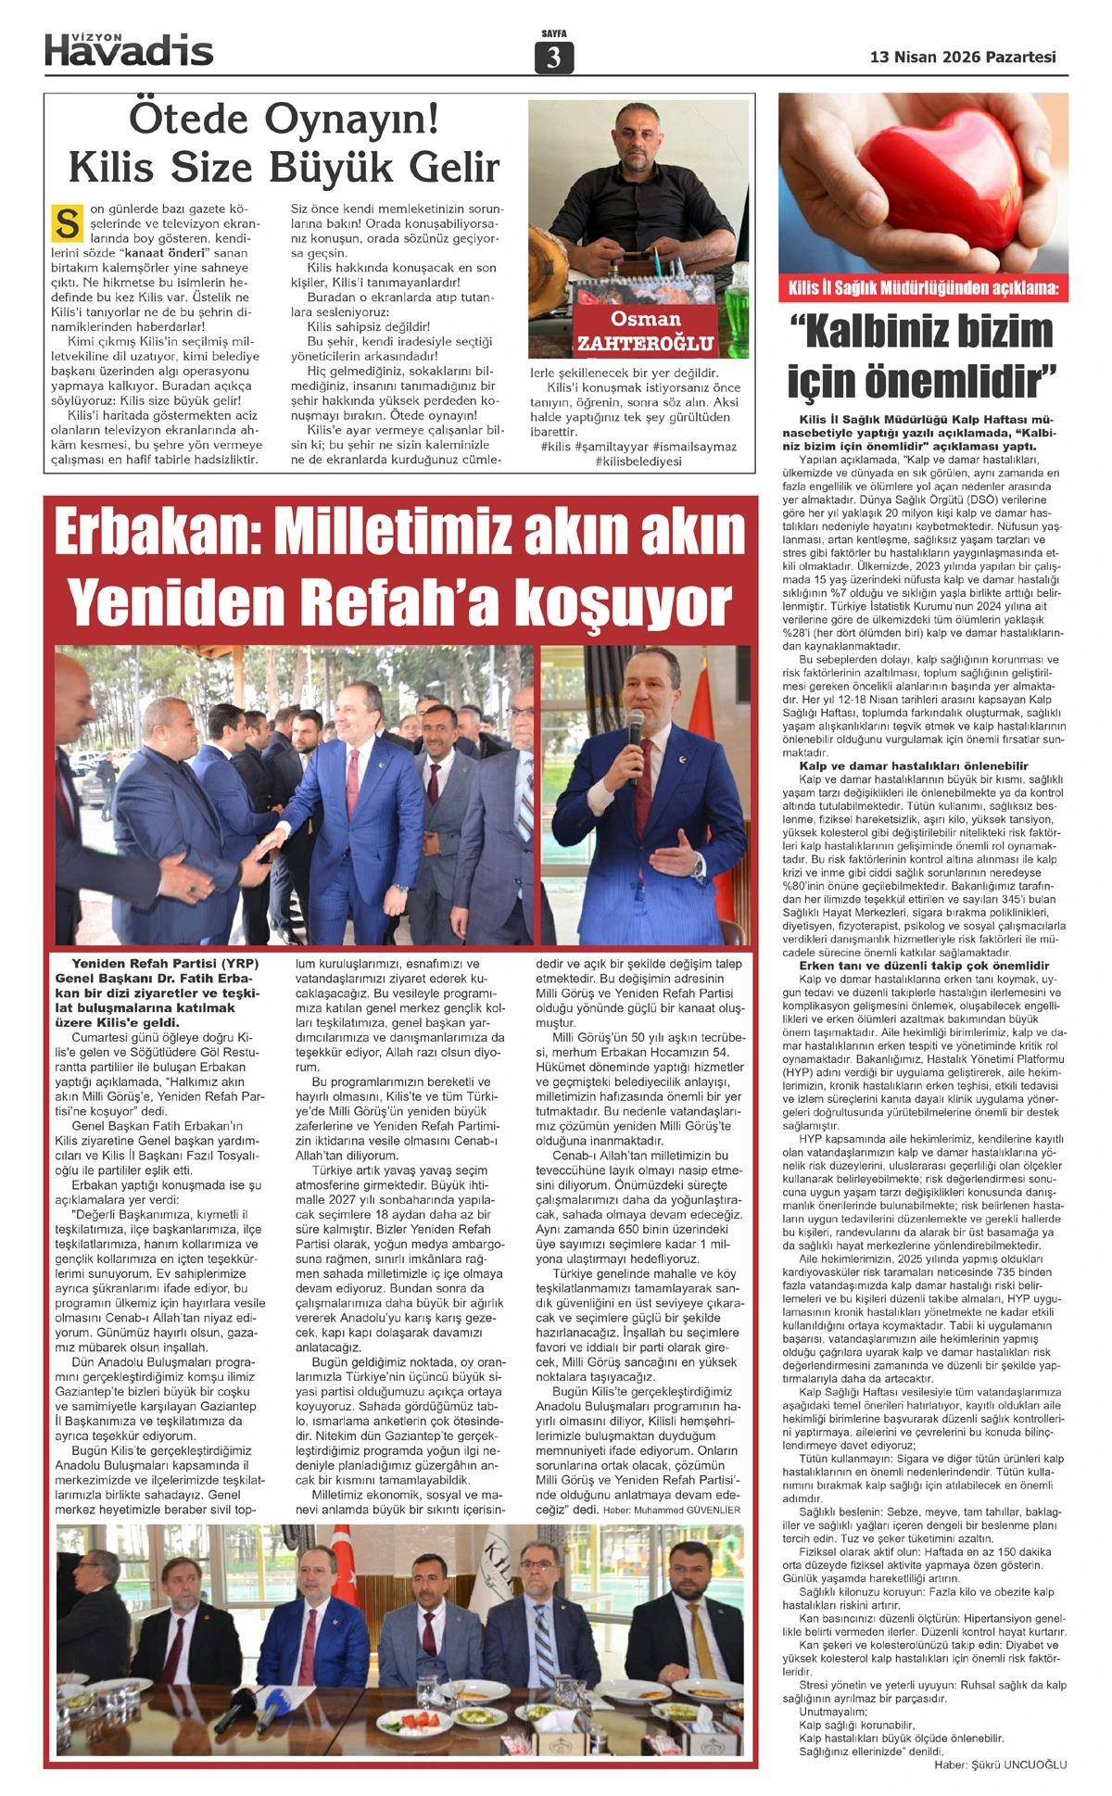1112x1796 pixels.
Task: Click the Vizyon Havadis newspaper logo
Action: pyautogui.click(x=129, y=49)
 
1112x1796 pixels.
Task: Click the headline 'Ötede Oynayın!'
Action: pyautogui.click(x=283, y=120)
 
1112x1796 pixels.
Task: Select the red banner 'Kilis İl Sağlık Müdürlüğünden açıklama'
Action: pyautogui.click(x=923, y=288)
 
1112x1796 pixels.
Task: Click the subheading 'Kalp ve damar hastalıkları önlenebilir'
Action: pyautogui.click(x=913, y=766)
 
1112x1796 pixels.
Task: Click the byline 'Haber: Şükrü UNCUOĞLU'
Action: pyautogui.click(x=1001, y=1765)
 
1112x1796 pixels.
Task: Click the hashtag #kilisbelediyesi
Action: pyautogui.click(x=638, y=462)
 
